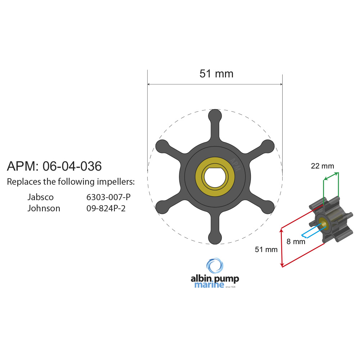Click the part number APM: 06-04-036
click(54, 166)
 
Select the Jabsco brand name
click(40, 197)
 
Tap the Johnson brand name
click(44, 208)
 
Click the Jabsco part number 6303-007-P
click(108, 197)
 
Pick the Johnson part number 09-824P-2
click(106, 208)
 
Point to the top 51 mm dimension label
click(216, 74)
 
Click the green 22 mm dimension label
click(323, 166)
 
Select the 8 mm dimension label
click(296, 242)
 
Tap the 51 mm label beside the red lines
click(266, 249)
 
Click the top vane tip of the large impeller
click(215, 115)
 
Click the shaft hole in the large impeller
click(215, 176)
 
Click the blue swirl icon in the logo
click(215, 266)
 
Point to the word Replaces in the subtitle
click(23, 182)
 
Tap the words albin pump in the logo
click(215, 278)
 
